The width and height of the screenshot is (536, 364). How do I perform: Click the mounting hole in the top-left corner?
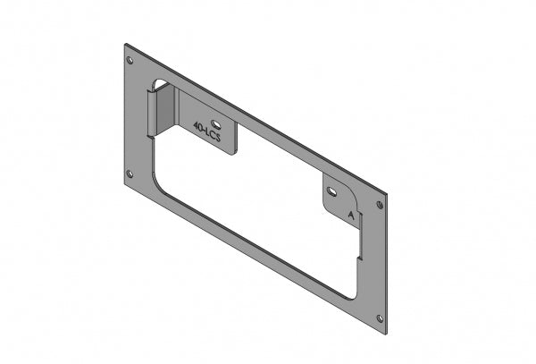click(131, 62)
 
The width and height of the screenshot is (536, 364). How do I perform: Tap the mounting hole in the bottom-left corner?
click(130, 174)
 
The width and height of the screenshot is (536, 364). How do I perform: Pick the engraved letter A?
click(352, 216)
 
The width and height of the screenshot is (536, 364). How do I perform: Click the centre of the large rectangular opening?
click(259, 215)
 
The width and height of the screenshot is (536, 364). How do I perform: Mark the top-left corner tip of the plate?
click(125, 42)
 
